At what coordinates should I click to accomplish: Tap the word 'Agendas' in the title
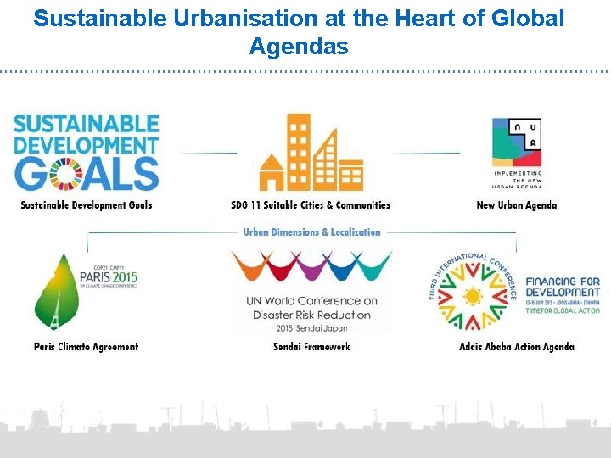pos(299,47)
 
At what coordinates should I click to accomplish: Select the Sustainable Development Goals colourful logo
pos(87,153)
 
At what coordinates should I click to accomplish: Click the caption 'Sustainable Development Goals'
pos(87,205)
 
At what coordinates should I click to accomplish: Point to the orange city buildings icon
pos(311,153)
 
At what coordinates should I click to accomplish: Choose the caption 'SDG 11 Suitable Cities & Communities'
pos(311,205)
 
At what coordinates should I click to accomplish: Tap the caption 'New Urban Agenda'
pos(517,205)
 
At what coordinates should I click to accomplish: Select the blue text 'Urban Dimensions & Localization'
pos(312,232)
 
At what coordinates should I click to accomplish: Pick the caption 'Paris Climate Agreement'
pos(87,346)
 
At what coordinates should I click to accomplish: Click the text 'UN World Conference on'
pos(311,301)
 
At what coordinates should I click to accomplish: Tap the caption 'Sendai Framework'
pos(311,346)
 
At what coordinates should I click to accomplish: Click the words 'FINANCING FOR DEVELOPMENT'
pos(563,287)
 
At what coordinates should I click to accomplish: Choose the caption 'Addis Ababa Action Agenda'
pos(517,346)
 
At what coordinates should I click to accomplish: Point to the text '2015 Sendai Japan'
pos(311,327)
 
